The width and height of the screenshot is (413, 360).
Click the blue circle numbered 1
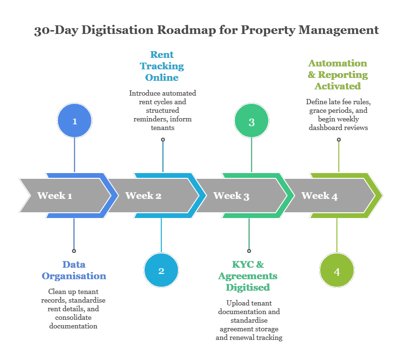75,120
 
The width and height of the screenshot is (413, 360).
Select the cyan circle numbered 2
161,271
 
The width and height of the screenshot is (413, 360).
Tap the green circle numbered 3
252,122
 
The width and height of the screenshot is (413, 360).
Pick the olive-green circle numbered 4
337,271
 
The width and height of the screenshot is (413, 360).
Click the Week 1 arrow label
55,196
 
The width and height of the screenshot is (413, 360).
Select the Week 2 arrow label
143,196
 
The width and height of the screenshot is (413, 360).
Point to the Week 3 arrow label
231,196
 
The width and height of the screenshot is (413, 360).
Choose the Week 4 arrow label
319,196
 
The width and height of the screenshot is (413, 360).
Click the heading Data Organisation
74,270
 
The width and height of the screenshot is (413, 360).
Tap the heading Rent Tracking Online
162,66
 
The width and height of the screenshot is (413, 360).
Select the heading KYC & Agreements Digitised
248,276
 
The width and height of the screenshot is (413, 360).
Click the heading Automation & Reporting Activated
338,75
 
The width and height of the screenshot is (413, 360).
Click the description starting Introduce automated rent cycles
163,110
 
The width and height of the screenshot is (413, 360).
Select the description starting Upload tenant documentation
249,320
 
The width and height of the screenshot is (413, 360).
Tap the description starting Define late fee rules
338,115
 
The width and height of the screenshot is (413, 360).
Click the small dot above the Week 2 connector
163,140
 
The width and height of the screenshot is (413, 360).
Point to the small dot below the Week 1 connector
74,251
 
